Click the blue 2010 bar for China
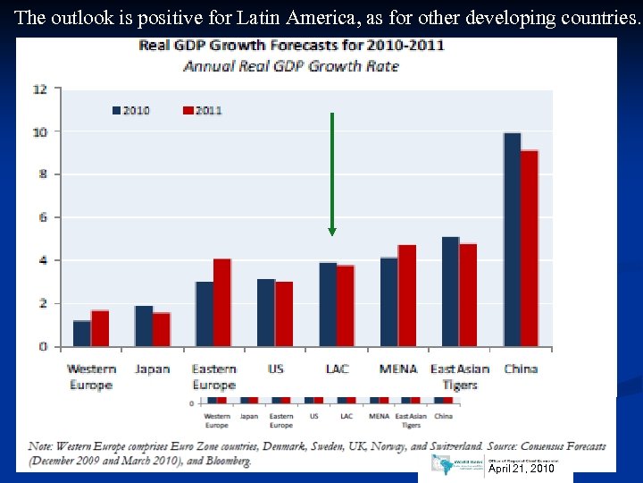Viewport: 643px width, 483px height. tap(512, 240)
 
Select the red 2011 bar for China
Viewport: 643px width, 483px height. tap(530, 248)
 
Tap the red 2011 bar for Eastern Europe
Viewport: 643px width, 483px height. tap(222, 302)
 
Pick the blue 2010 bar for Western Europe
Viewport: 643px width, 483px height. tap(82, 333)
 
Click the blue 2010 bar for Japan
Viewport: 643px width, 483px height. tap(144, 326)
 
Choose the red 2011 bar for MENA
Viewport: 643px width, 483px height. tap(407, 295)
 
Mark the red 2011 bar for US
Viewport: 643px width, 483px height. tap(284, 314)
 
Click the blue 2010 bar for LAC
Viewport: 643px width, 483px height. tap(328, 304)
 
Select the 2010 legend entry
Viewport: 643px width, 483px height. tap(130, 110)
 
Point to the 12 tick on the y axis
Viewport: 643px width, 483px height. tap(40, 89)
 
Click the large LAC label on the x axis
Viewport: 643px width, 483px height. tap(337, 369)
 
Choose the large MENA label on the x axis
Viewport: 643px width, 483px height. tap(398, 369)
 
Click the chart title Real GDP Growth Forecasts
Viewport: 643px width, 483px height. tap(291, 46)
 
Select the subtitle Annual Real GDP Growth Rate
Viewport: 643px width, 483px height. tap(291, 65)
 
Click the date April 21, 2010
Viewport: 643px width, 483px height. tap(522, 468)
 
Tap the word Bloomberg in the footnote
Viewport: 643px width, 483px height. tap(221, 462)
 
